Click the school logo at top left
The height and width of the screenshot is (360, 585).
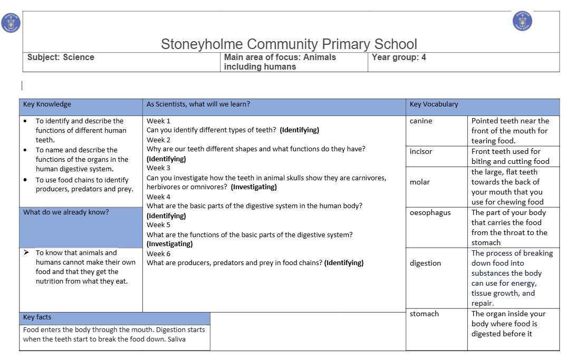pos(11,23)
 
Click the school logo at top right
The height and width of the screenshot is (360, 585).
pos(522,21)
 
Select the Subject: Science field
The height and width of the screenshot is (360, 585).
pos(61,57)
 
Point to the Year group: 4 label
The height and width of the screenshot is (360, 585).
pos(399,57)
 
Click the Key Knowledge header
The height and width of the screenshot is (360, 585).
pos(47,104)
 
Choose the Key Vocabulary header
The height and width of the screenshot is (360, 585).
pos(434,104)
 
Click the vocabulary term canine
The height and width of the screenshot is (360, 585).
pos(421,121)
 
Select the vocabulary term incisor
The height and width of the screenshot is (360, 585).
pos(421,152)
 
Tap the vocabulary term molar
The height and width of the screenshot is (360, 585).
pos(420,182)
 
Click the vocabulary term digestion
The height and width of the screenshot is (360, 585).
pos(425,264)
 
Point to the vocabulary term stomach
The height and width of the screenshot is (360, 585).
pos(424,314)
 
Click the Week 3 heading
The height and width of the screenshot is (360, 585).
pos(158,168)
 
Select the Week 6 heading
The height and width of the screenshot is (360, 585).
pos(158,254)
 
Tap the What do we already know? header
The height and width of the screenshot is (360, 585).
pos(66,212)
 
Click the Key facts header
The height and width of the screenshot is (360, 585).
pos(37,317)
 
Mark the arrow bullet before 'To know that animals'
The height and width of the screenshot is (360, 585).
pos(26,253)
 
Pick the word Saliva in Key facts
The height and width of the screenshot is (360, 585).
pos(177,339)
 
